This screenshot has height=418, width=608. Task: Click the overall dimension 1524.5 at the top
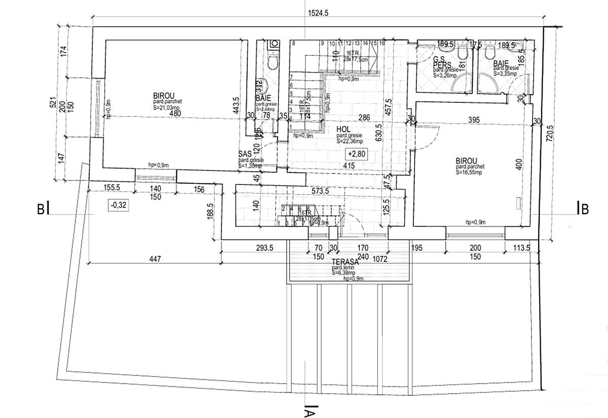(x=318, y=14)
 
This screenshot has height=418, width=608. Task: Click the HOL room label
(x=344, y=130)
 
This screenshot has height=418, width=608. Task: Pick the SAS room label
(x=245, y=153)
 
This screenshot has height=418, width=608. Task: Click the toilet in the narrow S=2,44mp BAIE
(x=273, y=62)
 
